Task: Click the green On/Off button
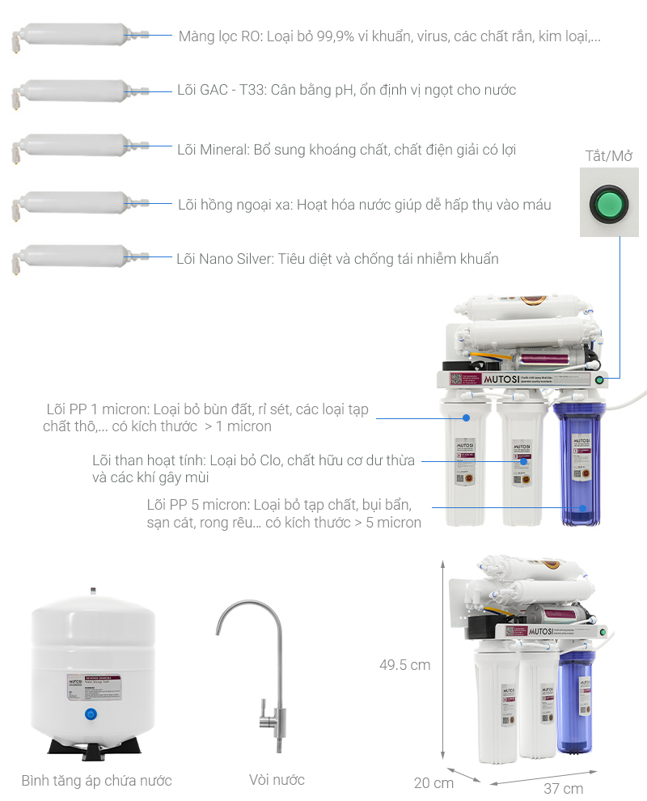pos(609,202)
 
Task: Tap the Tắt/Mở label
pos(608,156)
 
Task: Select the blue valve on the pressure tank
pos(91,714)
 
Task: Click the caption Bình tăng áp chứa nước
pos(96,781)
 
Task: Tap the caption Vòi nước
pos(277,780)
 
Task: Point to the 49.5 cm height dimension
pos(404,665)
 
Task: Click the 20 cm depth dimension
pos(433,782)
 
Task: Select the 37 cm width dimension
pos(563,788)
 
